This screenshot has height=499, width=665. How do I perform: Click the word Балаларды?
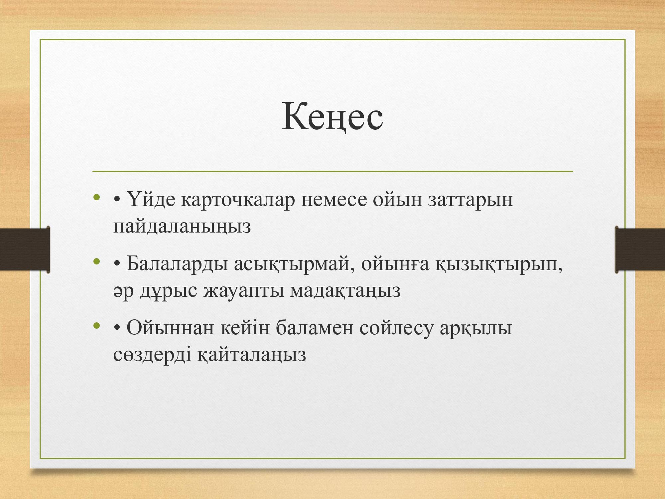177,265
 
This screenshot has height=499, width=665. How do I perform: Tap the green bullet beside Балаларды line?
97,262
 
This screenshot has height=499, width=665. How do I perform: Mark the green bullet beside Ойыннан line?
97,326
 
